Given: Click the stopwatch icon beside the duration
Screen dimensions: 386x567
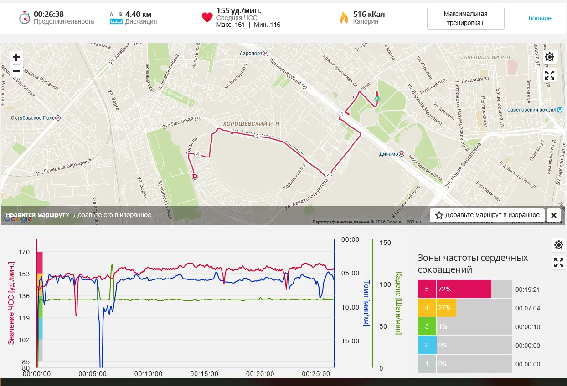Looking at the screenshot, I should (24, 18).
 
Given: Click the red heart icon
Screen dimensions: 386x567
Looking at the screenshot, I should (207, 18).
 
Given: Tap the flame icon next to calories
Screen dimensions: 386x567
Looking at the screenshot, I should (344, 18).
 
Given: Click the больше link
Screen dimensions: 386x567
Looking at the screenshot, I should (540, 18).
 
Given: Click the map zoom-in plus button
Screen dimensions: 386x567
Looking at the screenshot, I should (16, 57).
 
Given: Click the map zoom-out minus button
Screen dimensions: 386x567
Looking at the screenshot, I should (16, 71).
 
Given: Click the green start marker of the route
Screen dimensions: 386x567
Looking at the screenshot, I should (377, 98).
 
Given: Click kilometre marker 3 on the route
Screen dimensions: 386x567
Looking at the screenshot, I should (257, 136).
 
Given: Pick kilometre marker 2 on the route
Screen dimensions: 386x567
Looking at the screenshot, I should (328, 174).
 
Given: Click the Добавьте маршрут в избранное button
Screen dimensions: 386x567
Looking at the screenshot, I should (487, 215).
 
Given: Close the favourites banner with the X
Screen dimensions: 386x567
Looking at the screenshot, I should (553, 215).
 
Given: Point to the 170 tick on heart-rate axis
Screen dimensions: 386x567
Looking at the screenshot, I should (24, 252).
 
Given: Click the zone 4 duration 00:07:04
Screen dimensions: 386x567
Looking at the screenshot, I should (527, 308).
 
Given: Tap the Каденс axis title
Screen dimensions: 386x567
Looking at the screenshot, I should (398, 303).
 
